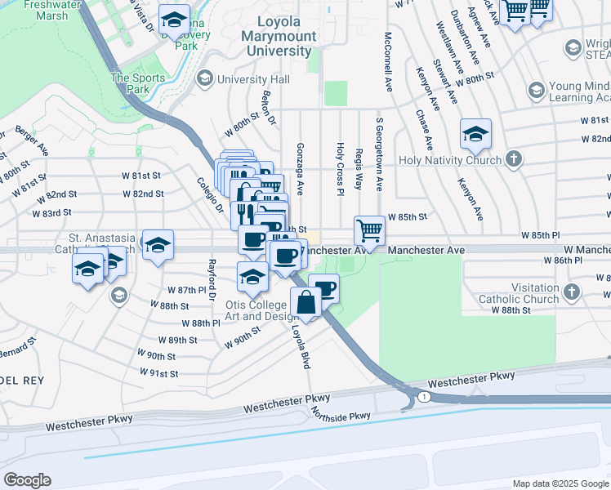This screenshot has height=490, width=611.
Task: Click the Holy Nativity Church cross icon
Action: click(x=513, y=159)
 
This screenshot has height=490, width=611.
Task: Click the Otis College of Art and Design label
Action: click(x=261, y=310)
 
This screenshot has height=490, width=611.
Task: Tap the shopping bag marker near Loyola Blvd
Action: click(x=305, y=302)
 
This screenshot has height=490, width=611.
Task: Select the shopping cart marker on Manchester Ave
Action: click(x=369, y=231)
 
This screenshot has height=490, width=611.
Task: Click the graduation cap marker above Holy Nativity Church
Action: click(x=475, y=134)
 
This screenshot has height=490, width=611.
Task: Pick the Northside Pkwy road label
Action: click(x=341, y=416)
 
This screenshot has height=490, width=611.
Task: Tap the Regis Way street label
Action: click(x=359, y=168)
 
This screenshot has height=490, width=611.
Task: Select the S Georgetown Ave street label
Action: click(x=380, y=154)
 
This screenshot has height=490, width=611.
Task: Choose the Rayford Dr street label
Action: click(x=212, y=277)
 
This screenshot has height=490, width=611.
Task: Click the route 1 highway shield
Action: click(x=424, y=396)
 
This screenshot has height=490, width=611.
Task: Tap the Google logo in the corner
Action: click(x=27, y=480)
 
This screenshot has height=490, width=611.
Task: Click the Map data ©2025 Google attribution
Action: click(x=560, y=483)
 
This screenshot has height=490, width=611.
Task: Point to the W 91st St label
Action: click(x=158, y=373)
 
